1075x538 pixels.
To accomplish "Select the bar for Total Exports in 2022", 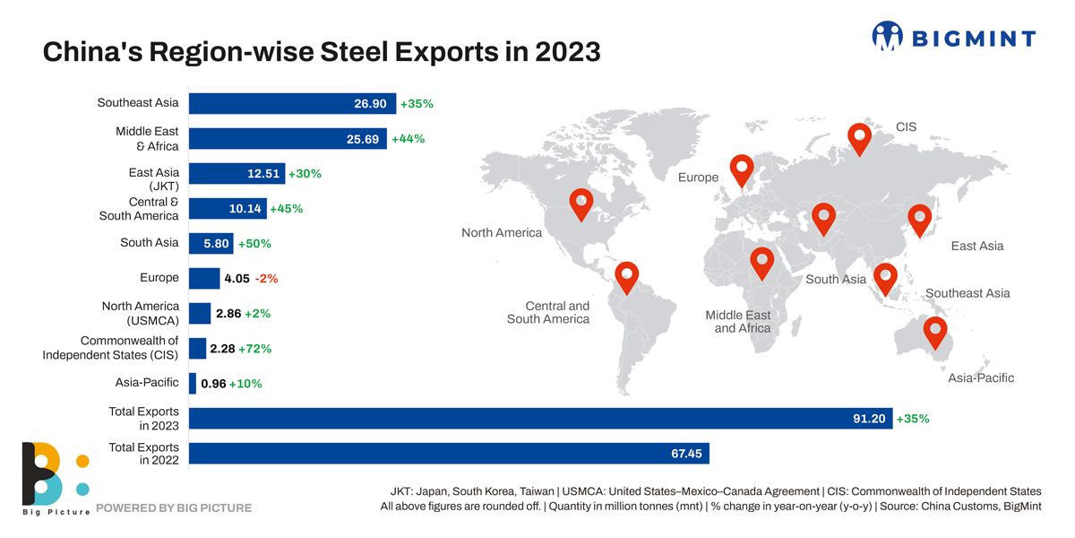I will (448, 454).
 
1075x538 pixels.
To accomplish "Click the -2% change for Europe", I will (266, 279).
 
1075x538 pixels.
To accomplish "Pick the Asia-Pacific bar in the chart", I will (192, 383).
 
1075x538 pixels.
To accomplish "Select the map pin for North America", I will (581, 202).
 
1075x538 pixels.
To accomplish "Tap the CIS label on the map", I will (907, 127).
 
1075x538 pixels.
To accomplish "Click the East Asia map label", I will (976, 246).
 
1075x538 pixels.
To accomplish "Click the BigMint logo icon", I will (888, 37).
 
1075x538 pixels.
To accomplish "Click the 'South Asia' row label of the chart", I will (149, 242).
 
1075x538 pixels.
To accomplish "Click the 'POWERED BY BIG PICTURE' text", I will (174, 508).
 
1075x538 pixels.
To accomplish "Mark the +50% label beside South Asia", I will (254, 244).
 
